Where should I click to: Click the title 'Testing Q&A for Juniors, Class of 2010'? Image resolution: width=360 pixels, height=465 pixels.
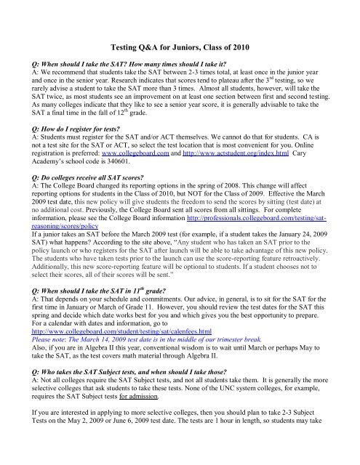180,46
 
